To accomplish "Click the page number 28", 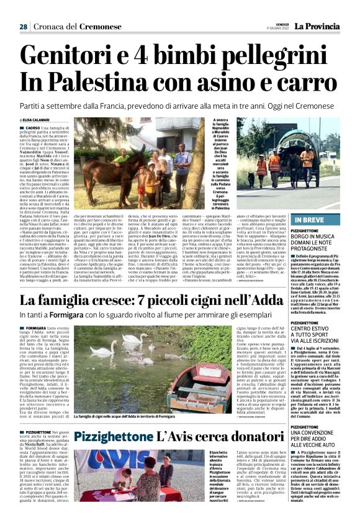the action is [x=23, y=27].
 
